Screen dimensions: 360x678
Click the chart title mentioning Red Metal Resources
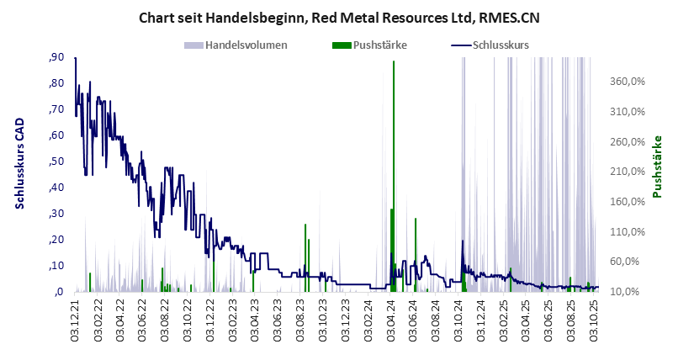tap(338, 16)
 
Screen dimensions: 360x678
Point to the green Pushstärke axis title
tap(658, 167)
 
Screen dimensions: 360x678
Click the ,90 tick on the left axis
tap(56, 57)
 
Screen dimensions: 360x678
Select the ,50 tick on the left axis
tap(56, 161)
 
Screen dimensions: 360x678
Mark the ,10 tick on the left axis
tap(56, 266)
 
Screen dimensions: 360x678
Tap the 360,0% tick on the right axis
tap(626, 82)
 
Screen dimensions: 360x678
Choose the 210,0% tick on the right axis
tap(626, 172)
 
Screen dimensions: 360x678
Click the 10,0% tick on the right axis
tap(626, 292)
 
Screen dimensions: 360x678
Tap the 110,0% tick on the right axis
tap(626, 232)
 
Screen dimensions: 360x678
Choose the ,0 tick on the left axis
tap(59, 292)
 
